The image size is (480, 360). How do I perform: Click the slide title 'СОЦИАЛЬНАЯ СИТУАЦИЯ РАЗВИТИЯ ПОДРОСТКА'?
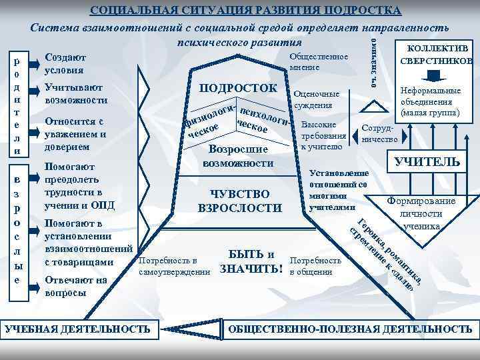point(245,11)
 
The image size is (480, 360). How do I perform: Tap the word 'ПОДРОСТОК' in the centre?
point(238,89)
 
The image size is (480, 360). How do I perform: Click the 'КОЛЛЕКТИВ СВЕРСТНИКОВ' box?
point(435,55)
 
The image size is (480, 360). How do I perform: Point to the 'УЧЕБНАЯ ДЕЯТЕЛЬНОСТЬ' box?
point(78,329)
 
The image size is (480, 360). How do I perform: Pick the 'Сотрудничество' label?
point(379,134)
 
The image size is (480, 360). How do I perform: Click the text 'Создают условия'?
point(64,63)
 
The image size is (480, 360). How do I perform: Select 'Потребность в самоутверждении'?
point(172,266)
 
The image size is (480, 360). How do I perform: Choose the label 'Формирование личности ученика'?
point(421,213)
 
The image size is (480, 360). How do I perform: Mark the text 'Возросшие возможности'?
point(238,156)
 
